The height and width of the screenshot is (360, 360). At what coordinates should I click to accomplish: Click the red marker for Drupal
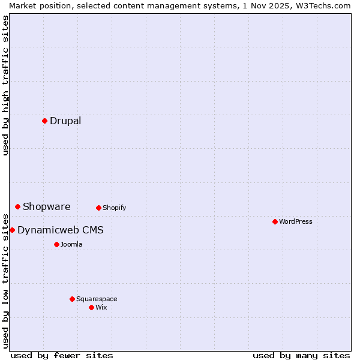[44, 121]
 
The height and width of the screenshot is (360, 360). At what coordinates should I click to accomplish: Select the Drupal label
[65, 121]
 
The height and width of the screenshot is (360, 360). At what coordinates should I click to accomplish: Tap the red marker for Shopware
[17, 206]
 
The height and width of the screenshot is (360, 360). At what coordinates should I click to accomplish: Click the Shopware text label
[47, 206]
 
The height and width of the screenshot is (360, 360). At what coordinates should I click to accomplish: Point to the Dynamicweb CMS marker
[12, 230]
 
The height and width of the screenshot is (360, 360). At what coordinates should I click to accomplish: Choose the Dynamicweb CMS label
[61, 230]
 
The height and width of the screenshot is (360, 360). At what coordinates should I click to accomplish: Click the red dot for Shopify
[98, 208]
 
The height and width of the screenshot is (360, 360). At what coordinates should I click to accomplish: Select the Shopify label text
[114, 208]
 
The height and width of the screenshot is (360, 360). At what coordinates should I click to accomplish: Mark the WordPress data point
[275, 221]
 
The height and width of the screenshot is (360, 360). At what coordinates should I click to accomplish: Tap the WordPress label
[296, 221]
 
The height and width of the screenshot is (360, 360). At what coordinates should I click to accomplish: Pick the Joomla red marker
[56, 244]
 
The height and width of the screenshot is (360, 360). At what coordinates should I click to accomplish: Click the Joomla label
[71, 244]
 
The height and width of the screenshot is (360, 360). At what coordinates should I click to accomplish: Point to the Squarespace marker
[72, 299]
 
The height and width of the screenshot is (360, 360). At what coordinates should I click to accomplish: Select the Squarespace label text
[97, 299]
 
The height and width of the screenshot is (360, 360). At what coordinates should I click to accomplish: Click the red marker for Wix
[91, 307]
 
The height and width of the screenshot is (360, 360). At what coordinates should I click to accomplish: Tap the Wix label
[101, 307]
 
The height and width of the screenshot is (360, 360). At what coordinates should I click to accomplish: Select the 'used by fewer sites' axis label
[62, 355]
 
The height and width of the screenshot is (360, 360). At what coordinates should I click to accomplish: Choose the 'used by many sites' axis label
[301, 355]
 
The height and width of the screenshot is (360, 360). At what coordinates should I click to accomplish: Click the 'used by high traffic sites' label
[5, 85]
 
